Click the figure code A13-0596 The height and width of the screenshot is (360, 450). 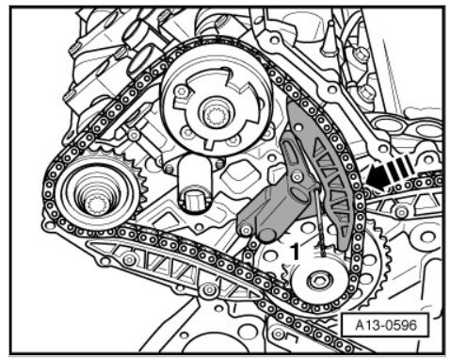[x=386, y=325]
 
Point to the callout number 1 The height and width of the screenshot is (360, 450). [x=295, y=252]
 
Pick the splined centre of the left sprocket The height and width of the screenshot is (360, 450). [x=97, y=205]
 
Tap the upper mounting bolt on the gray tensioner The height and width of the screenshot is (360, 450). [x=297, y=177]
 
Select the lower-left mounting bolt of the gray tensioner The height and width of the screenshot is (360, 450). [x=246, y=231]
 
